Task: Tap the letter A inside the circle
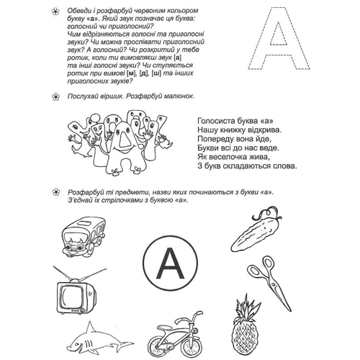(171, 264)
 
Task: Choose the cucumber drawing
(256, 230)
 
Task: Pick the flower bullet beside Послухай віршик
(55, 96)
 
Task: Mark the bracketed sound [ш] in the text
(156, 73)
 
